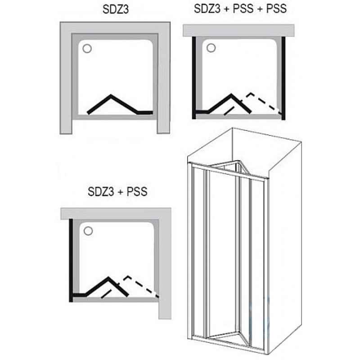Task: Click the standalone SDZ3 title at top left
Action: pos(116,9)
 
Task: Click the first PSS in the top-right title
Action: pos(243,9)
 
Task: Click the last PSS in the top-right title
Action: pos(276,9)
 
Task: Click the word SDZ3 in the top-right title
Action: pos(207,9)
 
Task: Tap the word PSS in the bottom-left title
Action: pos(137,192)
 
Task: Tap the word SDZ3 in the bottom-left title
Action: pos(101,192)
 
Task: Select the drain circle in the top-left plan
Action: pos(87,49)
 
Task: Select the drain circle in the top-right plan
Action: pos(211,48)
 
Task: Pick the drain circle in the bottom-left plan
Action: pos(88,231)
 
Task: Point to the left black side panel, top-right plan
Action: pos(194,77)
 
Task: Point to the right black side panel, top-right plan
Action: pos(283,77)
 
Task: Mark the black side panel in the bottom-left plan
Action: pos(71,261)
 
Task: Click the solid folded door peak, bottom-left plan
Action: pos(108,278)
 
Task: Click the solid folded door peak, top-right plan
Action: pos(231,95)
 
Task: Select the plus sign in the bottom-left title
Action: pos(121,192)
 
